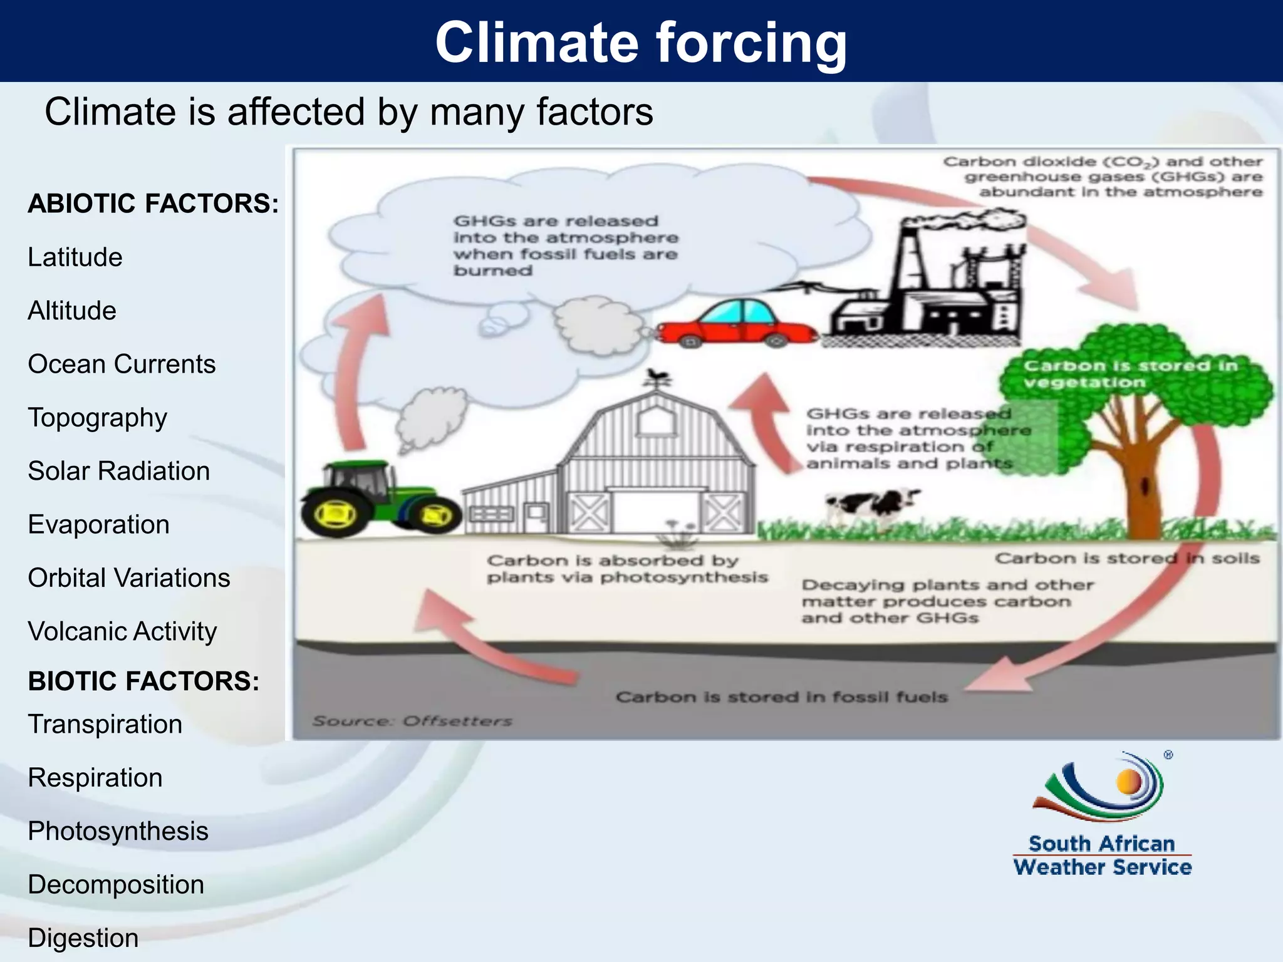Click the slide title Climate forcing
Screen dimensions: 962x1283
(641, 42)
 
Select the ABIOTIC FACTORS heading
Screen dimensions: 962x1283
(153, 204)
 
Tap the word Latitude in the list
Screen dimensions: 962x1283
(75, 257)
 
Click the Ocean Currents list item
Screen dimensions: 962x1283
(122, 365)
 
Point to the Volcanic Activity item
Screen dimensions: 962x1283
(122, 631)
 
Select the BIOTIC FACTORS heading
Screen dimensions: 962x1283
(143, 681)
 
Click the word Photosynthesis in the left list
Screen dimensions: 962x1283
(118, 831)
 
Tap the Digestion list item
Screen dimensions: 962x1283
(83, 938)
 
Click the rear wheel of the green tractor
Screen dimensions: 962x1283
(336, 514)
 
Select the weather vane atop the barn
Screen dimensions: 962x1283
(658, 378)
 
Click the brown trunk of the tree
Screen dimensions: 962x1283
(1144, 495)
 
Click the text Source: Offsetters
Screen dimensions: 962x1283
(412, 721)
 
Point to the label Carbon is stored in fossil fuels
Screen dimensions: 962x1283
(781, 697)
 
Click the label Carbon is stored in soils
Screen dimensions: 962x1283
(1126, 558)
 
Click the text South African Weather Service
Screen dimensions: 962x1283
(1102, 856)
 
